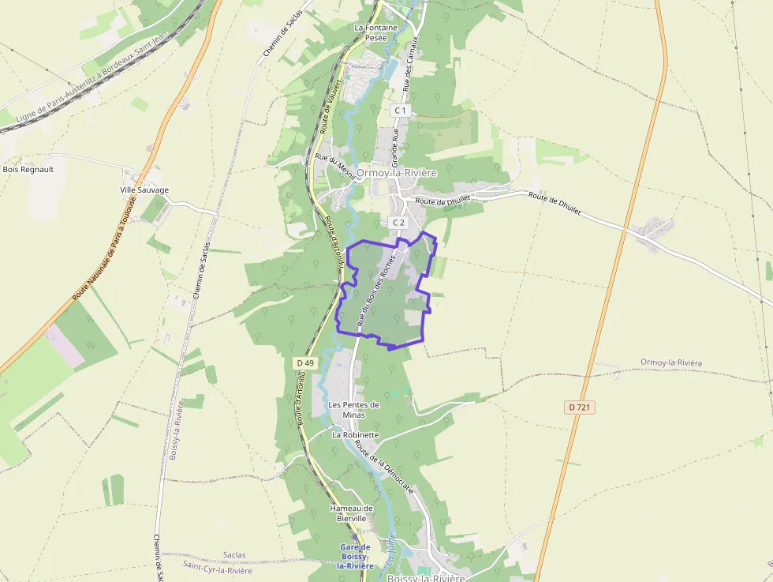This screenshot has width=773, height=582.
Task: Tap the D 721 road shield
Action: pos(580,407)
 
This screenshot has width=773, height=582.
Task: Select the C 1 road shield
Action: pos(401,111)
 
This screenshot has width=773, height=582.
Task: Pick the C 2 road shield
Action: pos(398,223)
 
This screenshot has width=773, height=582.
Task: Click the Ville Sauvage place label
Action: pos(144,190)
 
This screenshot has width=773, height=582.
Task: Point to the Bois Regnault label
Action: pos(28,169)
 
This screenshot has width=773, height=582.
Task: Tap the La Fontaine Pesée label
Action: pos(375,32)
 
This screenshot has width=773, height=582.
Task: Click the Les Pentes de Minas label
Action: pos(353,410)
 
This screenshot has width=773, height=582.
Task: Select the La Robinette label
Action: pos(356,435)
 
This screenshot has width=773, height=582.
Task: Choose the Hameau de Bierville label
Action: pos(352,513)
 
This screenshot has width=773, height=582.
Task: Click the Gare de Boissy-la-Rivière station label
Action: pos(355,557)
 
